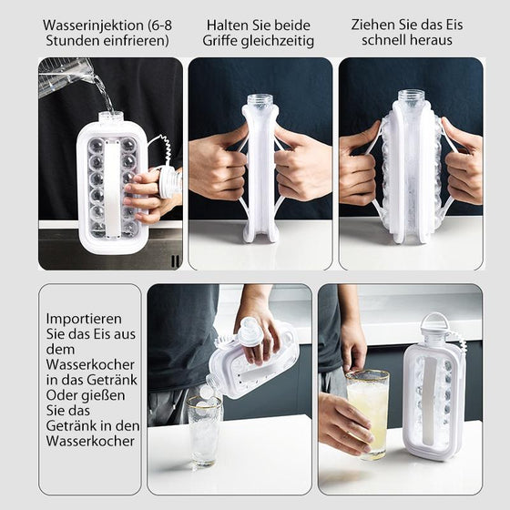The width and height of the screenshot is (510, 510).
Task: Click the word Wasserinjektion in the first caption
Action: click(x=90, y=25)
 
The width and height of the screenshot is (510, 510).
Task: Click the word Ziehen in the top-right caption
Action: click(x=373, y=25)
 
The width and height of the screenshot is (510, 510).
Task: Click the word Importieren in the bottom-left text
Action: click(x=83, y=320)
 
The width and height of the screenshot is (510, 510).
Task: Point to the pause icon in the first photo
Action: click(x=174, y=260)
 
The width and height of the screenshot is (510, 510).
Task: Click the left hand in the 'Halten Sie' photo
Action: click(x=218, y=166)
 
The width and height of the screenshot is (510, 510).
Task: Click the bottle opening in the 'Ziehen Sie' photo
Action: click(x=412, y=95)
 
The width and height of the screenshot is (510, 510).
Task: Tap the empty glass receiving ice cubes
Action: click(x=204, y=428)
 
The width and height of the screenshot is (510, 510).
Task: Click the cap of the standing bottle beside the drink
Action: click(x=434, y=321)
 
